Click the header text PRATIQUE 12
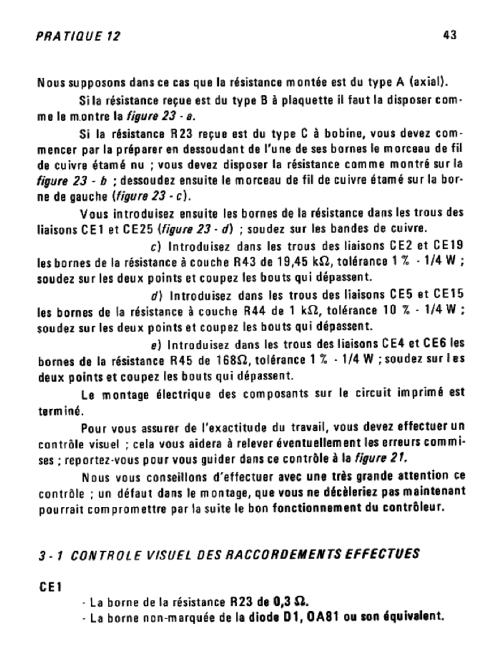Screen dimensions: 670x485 [78, 36]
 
